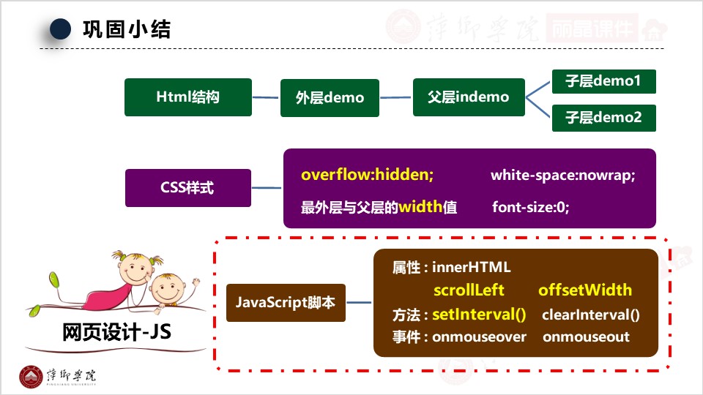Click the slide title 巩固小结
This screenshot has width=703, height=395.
coord(127,29)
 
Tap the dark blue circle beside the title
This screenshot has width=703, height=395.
coord(61,29)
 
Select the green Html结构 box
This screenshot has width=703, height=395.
coord(188,97)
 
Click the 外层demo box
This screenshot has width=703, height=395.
coord(330,97)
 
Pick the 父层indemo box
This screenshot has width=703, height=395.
coord(469,97)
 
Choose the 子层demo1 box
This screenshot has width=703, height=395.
coord(603,81)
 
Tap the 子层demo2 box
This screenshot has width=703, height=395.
coord(603,117)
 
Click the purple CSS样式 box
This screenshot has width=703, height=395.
coord(187,188)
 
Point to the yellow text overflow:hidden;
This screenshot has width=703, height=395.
coord(368,176)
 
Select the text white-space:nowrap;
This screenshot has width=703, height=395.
coord(563,176)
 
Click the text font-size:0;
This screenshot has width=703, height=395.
coord(531,208)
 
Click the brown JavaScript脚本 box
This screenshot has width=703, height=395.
coord(286,302)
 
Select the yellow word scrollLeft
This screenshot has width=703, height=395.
coord(469,290)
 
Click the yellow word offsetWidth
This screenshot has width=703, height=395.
coord(585,290)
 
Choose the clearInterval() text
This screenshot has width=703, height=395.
coord(591,315)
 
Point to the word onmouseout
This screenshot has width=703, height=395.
coord(586,337)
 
